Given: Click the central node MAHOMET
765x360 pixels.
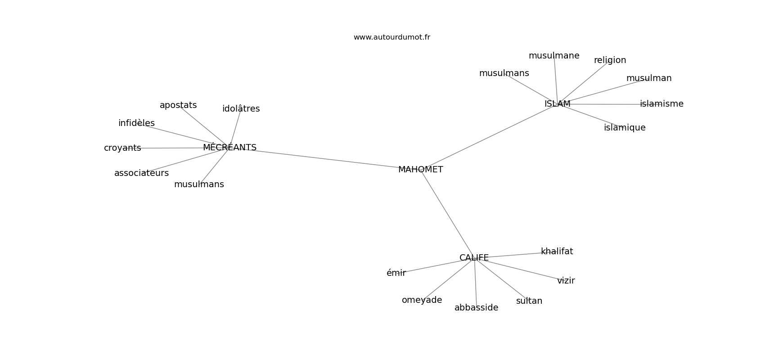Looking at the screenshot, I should [420, 170].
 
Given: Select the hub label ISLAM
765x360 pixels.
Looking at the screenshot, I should [557, 104].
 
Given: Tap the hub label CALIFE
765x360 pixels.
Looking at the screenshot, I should [474, 258].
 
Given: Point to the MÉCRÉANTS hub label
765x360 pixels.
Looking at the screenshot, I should [229, 148].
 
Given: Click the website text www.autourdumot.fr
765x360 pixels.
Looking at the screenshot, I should [391, 37].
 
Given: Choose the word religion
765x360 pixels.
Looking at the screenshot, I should [610, 60].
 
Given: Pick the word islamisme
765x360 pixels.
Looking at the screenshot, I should [661, 104].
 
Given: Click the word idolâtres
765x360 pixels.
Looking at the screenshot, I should [241, 109].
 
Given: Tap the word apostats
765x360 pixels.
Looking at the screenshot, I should [178, 105].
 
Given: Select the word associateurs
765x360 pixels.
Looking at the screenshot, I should [141, 173].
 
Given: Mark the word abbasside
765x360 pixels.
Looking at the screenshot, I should [476, 308].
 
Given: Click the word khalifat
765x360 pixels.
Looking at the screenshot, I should [557, 252].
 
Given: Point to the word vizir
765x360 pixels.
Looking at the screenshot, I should [566, 281].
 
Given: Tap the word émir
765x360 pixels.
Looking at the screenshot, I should [396, 273].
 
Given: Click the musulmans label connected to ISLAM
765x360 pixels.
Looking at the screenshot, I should [504, 73].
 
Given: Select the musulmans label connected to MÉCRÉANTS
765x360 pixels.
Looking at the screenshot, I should [199, 184].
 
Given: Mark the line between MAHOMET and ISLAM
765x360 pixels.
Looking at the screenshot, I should [490, 136].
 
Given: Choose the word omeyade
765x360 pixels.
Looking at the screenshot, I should [422, 300].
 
